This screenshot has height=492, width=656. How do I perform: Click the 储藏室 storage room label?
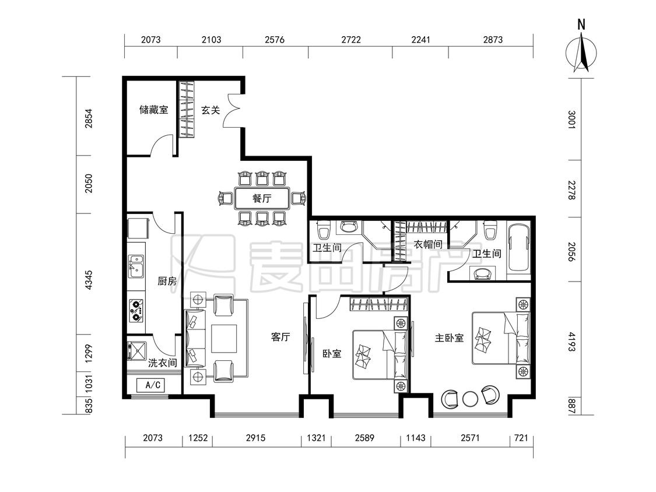point(153,110)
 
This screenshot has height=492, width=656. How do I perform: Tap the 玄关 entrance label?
point(211,110)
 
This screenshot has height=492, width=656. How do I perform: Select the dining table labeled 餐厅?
point(262,198)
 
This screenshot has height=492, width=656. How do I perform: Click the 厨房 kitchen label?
point(167,281)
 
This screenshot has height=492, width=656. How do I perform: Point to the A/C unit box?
point(150,385)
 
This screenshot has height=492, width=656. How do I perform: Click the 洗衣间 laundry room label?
point(162,363)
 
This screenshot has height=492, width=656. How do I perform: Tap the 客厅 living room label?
point(280,337)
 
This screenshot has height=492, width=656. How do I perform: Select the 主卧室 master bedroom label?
point(450,338)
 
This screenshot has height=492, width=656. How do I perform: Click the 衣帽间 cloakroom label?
point(428,244)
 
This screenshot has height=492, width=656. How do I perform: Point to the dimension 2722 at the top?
point(350,40)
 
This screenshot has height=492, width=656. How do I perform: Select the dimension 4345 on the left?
point(88,280)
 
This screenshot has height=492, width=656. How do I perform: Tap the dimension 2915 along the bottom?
point(255,438)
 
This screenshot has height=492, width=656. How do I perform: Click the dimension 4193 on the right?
point(572,342)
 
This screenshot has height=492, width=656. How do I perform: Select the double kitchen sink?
point(135,266)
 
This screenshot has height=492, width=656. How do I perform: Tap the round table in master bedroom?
point(471,399)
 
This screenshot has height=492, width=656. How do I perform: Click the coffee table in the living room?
point(224,339)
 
